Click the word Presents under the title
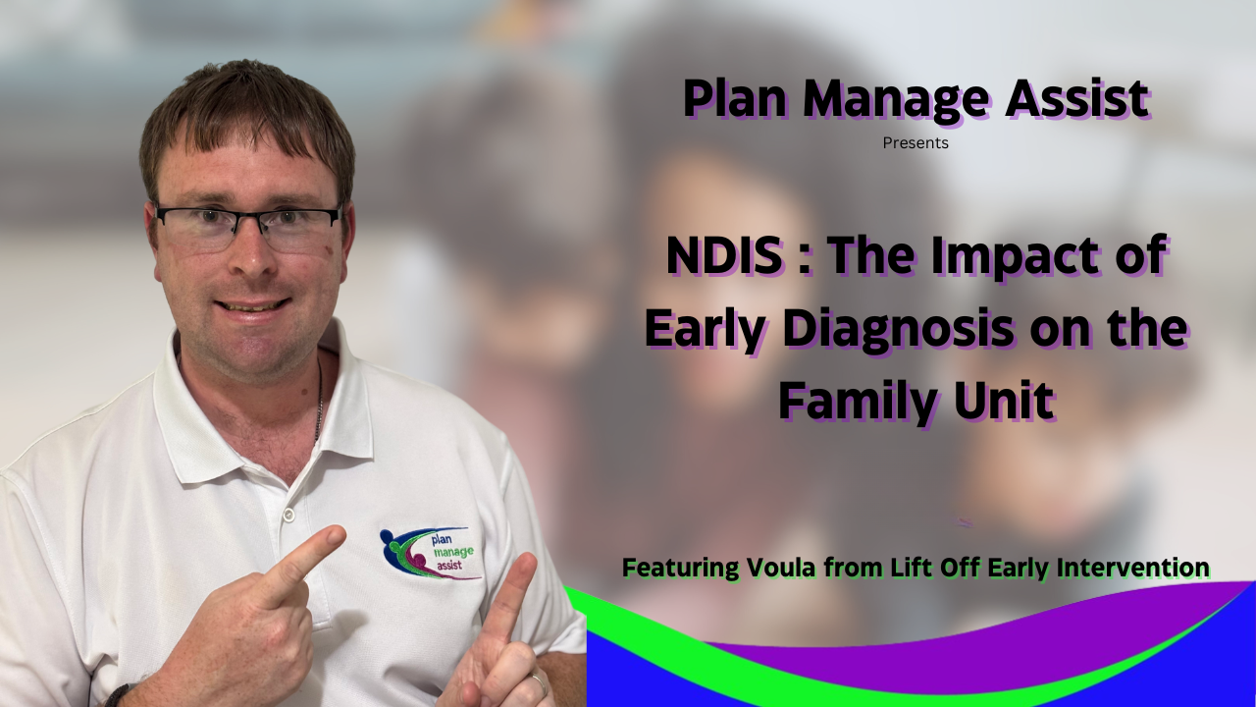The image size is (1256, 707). tap(916, 143)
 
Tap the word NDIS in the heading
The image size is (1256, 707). tap(724, 256)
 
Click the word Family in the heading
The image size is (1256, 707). tap(859, 402)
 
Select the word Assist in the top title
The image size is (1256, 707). tap(1076, 98)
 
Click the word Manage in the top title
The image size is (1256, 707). tap(896, 100)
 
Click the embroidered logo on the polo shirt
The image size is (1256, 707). tap(431, 553)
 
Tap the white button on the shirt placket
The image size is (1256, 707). tap(288, 514)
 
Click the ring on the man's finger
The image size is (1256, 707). tap(539, 684)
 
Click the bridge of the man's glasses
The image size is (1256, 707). tap(248, 215)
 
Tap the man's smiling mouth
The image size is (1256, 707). tap(252, 306)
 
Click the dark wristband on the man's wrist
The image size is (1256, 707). tap(119, 695)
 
